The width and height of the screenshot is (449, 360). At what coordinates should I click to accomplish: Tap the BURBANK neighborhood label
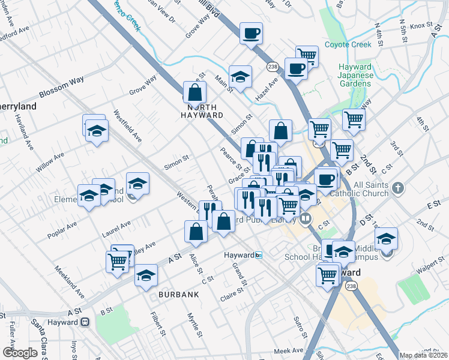coord(179,295)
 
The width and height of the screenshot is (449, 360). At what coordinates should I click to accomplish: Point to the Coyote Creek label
coord(349,44)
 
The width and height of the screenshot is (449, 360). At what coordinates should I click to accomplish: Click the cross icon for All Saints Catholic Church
coord(397,189)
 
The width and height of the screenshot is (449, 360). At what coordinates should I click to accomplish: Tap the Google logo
coord(20,353)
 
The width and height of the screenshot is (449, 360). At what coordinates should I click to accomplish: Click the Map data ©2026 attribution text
coord(423,355)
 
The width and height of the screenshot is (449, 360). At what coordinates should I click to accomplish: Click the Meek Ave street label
coord(290,350)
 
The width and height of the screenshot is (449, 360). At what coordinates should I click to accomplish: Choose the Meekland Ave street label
coord(69,283)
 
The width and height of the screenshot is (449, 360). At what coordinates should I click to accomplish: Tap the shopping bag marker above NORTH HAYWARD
coord(194,92)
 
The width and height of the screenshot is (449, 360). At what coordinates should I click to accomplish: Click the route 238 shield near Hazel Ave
coord(271,67)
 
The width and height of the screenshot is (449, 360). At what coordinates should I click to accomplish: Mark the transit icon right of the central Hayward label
coord(259,255)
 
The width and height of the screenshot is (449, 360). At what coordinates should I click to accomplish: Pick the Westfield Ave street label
coord(128,126)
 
